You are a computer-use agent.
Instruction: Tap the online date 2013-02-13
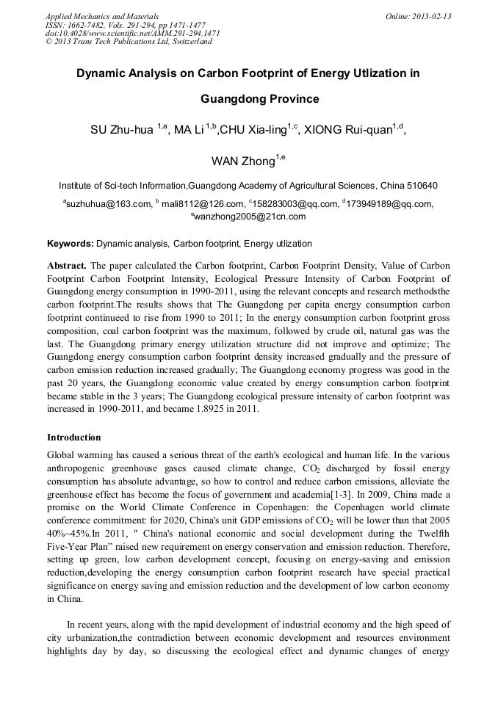429,16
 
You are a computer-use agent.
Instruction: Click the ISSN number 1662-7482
85,25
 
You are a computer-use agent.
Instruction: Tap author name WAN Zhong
242,162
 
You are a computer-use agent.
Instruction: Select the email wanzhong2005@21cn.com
250,217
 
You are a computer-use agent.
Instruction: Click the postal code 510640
422,186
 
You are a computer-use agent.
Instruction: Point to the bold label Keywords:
71,244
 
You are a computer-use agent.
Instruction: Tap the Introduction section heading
74,438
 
